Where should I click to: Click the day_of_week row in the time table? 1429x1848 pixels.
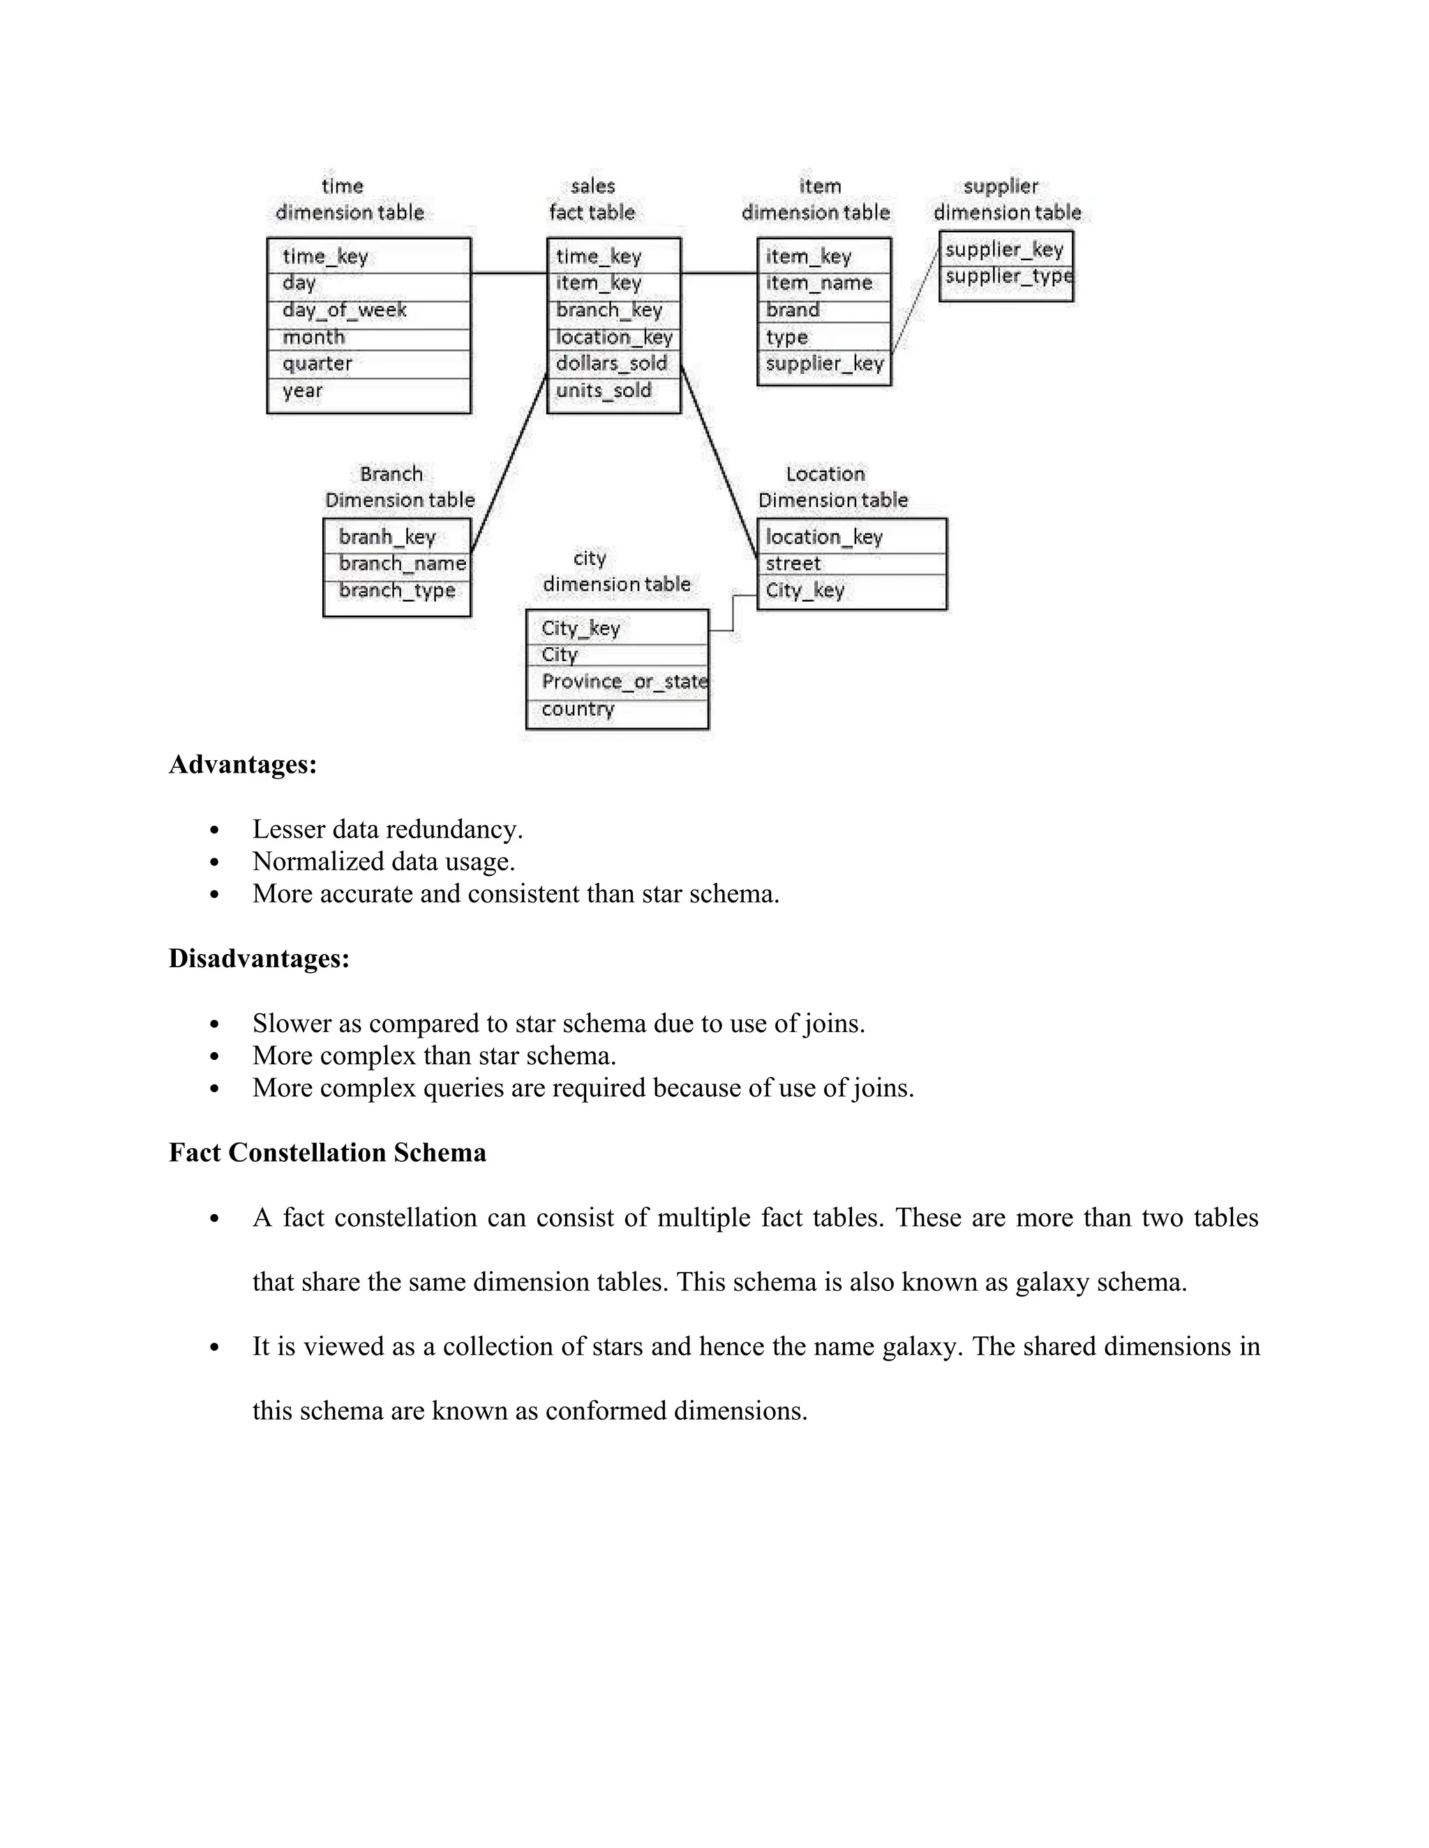pos(345,310)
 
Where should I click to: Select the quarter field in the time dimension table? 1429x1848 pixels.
pos(317,364)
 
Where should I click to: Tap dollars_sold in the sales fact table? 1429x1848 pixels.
pos(611,364)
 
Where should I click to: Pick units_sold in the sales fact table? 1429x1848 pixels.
pos(604,391)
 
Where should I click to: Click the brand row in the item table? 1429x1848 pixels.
pos(793,310)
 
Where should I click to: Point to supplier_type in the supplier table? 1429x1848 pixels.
pos(1008,277)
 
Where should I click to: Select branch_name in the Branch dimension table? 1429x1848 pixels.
pos(401,563)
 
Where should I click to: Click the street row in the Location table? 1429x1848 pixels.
pos(793,563)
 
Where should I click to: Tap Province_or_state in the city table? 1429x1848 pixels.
pos(624,682)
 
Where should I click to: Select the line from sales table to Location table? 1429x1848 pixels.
pos(719,462)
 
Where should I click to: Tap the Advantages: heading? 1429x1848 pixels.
pos(243,764)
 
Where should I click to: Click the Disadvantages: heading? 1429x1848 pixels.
pos(259,959)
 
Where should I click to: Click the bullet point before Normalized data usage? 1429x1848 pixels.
pos(214,862)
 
